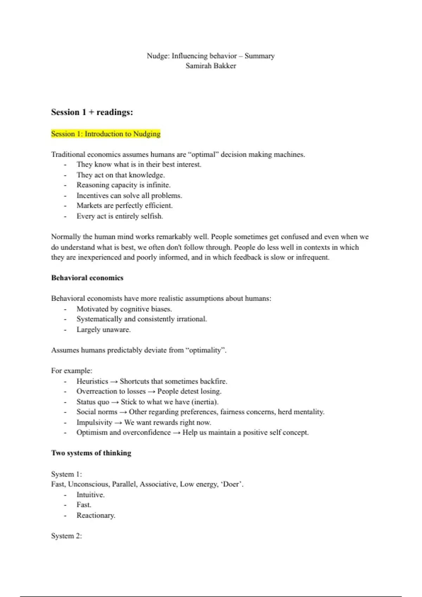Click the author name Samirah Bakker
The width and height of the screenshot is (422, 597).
(211, 66)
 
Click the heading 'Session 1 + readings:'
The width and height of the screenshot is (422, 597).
(92, 112)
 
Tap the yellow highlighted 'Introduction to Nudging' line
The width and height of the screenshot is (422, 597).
(105, 134)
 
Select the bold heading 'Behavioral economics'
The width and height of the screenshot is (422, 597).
(87, 278)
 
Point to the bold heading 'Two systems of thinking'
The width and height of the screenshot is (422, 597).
(91, 453)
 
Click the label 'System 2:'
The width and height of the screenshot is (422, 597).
(66, 536)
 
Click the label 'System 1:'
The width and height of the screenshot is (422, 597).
(66, 474)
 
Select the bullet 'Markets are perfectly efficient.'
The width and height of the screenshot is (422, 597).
(124, 206)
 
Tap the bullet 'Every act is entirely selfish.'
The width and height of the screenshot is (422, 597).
(120, 216)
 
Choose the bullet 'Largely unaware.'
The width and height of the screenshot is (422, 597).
(103, 330)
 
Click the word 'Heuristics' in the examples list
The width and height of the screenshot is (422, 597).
(92, 381)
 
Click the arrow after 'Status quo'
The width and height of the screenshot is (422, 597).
(115, 402)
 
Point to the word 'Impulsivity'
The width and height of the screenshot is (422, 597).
(94, 422)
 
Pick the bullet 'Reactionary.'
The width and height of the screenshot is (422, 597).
(96, 516)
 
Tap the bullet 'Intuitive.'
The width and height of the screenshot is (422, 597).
(90, 495)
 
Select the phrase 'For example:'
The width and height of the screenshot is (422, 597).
(72, 371)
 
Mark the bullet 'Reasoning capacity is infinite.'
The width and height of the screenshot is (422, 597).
(123, 185)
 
